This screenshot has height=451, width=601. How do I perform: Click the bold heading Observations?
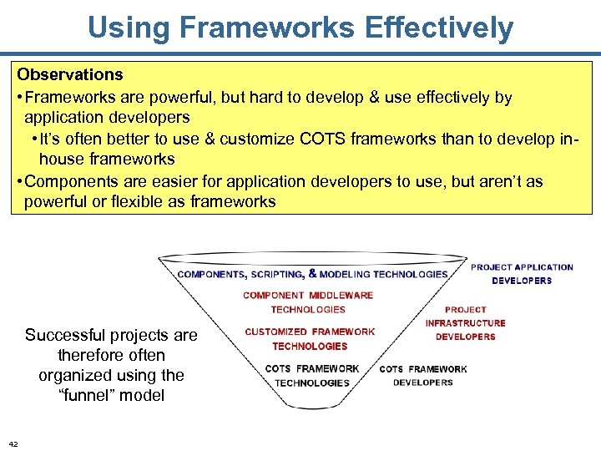70,75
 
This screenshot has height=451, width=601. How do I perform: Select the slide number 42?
13,443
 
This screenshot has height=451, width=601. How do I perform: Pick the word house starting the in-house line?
65,160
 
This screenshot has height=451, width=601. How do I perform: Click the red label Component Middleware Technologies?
308,302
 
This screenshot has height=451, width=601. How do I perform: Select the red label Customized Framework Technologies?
310,338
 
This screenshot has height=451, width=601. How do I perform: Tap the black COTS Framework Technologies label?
312,375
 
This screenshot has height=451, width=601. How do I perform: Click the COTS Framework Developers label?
423,375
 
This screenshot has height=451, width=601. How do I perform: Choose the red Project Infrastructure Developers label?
465,322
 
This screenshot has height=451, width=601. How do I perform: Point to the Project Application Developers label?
522,274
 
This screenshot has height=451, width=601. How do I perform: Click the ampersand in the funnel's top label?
312,273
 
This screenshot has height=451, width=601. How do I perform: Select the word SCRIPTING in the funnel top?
277,274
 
